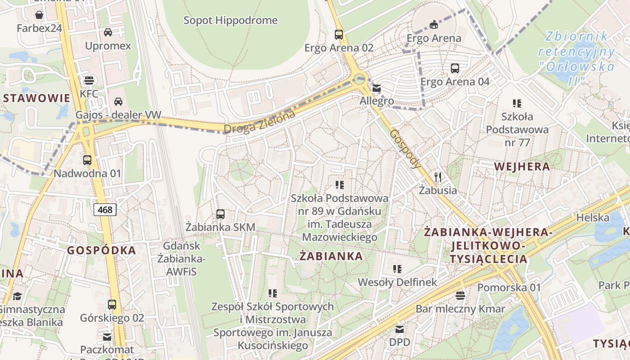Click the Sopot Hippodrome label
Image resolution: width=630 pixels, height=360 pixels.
[230, 20]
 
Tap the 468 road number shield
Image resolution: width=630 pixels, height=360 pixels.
[105, 209]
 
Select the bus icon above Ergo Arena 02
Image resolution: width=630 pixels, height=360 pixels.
[339, 34]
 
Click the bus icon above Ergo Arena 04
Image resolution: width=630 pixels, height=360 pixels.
[455, 68]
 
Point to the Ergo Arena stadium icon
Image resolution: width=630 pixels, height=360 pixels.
[433, 24]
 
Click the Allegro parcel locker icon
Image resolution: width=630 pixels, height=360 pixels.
[377, 88]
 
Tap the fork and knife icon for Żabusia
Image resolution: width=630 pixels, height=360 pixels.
[438, 177]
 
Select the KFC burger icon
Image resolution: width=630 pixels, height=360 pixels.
[89, 81]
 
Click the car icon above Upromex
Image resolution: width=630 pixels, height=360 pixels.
[108, 32]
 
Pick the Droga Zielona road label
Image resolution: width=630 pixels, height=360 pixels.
[260, 122]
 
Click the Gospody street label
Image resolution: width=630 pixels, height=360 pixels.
[406, 149]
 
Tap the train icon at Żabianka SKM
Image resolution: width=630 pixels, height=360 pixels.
[220, 214]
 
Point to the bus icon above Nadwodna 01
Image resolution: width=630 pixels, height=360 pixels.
[87, 160]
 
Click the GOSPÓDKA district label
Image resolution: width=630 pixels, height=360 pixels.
[101, 251]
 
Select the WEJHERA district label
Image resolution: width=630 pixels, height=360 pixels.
[522, 166]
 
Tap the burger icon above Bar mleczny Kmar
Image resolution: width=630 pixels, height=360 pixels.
[460, 296]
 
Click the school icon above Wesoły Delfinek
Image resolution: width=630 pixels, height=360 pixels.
[397, 269]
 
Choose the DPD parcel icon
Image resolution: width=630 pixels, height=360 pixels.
[400, 329]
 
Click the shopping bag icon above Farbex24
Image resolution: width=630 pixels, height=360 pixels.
[39, 15]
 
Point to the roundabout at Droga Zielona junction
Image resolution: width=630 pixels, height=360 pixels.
[359, 80]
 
